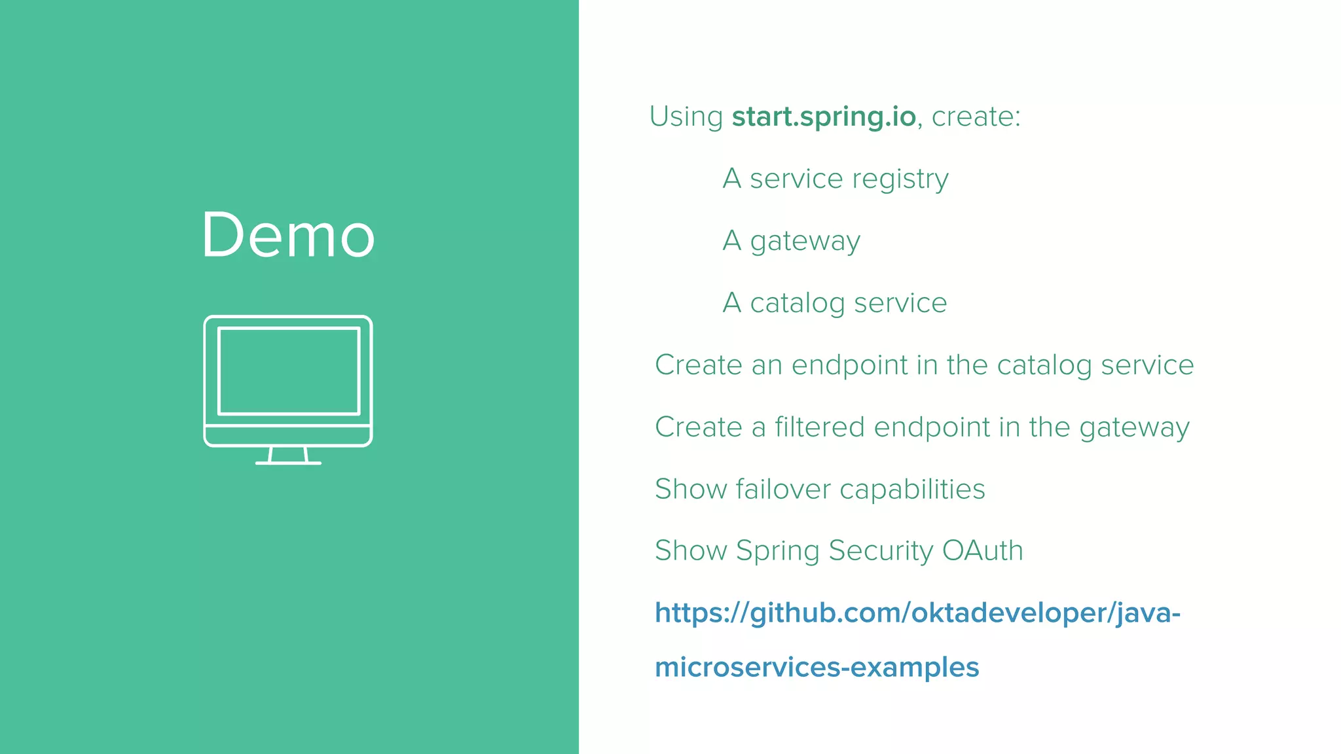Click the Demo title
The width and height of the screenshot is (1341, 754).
tap(288, 236)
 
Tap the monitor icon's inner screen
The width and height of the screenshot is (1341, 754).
tap(289, 371)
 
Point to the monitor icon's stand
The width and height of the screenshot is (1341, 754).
tap(288, 456)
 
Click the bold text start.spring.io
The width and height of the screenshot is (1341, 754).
tap(824, 117)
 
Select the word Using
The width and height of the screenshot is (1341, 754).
tap(686, 117)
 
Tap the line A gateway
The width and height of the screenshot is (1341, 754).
tap(791, 241)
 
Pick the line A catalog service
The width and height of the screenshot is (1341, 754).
tap(834, 303)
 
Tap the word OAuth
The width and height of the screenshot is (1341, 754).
tap(982, 550)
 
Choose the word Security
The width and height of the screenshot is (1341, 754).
tap(881, 551)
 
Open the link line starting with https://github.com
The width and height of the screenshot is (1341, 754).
tap(917, 613)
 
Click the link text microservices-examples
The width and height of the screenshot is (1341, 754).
tap(817, 668)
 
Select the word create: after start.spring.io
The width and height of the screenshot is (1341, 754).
tap(976, 117)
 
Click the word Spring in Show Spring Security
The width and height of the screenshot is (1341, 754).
tap(777, 551)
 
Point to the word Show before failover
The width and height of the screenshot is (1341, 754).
tap(690, 489)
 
